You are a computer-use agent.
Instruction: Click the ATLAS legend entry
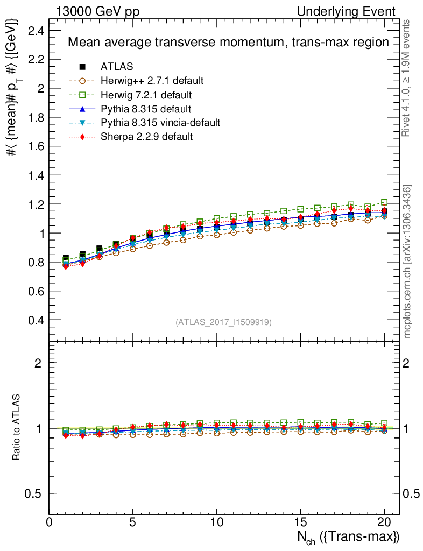117,67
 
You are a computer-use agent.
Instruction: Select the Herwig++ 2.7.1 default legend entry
152,81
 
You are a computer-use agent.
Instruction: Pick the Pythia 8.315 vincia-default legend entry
160,123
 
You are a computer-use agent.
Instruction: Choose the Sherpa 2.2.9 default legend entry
146,137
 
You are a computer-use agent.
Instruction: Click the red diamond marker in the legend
82,137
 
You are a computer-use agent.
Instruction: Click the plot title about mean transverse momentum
228,42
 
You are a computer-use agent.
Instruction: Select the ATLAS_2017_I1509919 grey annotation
223,322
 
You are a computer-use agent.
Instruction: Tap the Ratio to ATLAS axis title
17,428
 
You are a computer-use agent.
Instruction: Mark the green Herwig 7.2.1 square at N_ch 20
384,202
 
